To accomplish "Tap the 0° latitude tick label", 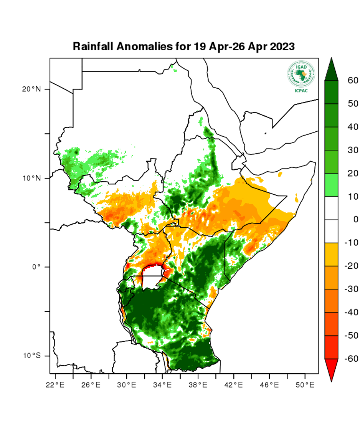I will (36, 267).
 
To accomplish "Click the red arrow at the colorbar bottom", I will (331, 369).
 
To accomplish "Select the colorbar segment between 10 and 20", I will (331, 185).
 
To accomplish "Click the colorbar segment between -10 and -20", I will (331, 254).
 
